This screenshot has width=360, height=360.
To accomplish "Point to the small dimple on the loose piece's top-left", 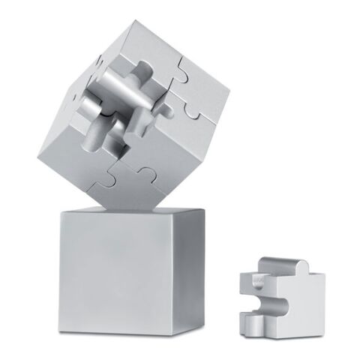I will tap(255, 278).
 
